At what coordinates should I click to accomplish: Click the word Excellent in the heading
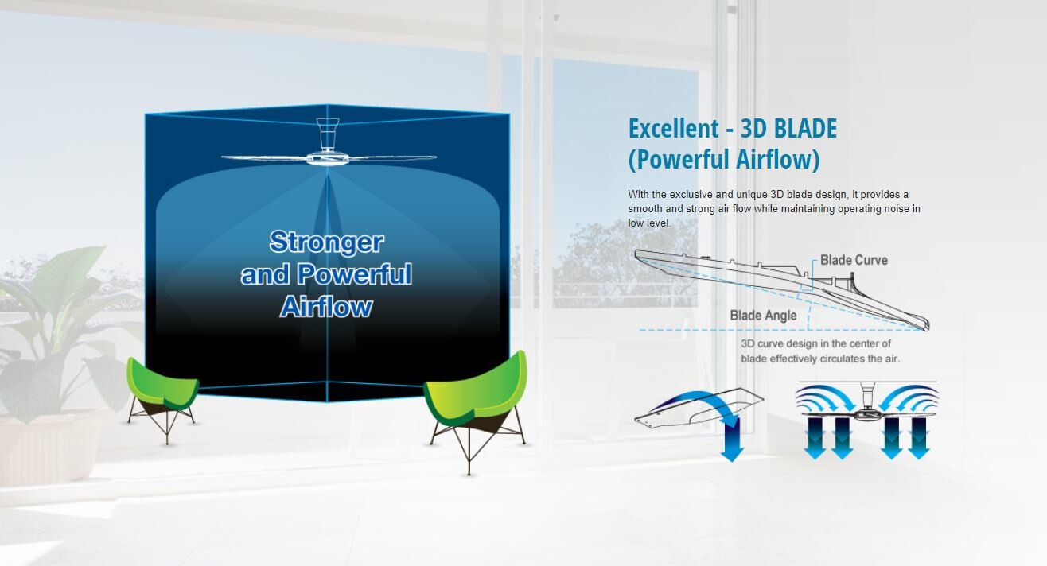point(674,129)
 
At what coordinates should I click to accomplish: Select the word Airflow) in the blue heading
point(778,159)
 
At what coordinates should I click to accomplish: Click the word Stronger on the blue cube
point(327,242)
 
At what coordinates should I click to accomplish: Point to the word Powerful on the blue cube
point(355,274)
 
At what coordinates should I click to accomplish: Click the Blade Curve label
point(854,260)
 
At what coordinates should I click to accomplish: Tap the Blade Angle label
point(763,316)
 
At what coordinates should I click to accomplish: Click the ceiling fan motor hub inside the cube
point(327,159)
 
